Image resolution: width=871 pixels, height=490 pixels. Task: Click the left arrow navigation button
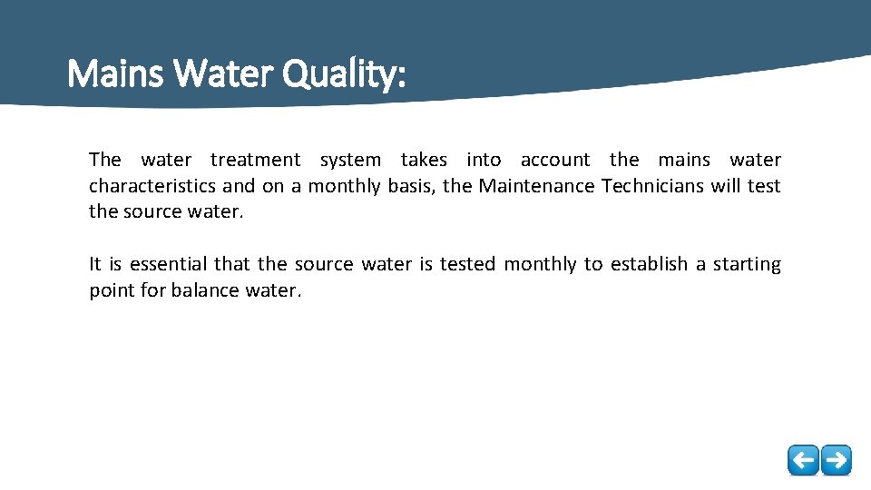click(803, 460)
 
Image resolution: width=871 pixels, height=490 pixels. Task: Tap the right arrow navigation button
click(836, 460)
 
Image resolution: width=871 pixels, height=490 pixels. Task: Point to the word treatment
click(255, 161)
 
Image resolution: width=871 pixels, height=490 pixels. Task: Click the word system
click(350, 161)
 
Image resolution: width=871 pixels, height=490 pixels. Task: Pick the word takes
click(424, 161)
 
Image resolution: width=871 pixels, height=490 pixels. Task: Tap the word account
click(554, 161)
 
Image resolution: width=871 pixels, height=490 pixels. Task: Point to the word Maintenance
click(536, 187)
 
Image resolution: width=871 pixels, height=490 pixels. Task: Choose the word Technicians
click(652, 187)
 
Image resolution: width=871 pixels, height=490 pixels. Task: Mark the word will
click(725, 187)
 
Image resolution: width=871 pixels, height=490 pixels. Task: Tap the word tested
click(468, 265)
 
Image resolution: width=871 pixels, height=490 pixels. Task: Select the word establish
click(649, 265)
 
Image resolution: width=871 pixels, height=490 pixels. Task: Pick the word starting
click(747, 265)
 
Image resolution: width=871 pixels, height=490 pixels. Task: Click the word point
click(111, 291)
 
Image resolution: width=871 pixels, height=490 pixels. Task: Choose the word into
click(484, 161)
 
